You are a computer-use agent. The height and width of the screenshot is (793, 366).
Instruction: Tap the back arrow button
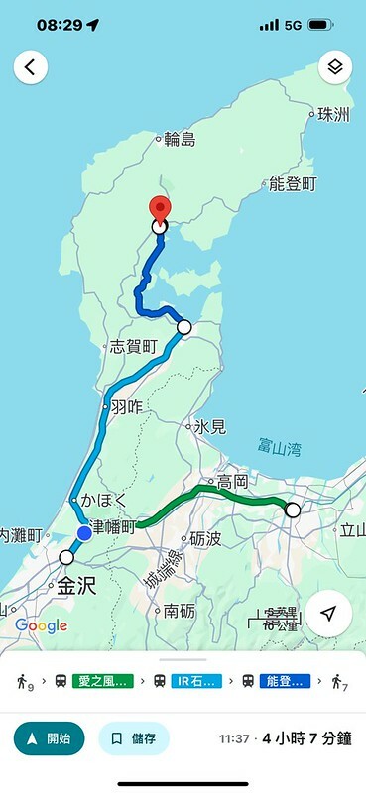pos(31,67)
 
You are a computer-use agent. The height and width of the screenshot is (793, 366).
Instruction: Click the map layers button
pos(335,67)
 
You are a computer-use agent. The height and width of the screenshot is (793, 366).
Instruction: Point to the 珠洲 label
pos(333,115)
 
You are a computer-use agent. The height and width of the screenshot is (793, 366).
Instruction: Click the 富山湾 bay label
pos(279,449)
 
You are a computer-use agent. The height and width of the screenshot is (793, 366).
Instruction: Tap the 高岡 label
pos(232,481)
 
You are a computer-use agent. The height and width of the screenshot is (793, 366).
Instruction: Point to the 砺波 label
pos(205,539)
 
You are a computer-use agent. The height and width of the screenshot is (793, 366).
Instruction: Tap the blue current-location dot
pos(84,533)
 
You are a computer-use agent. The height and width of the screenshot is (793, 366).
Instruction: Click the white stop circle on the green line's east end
pos(292,510)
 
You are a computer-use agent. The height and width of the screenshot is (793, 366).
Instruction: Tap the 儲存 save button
pos(134,738)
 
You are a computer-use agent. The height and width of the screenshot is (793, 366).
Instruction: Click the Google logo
pos(41,625)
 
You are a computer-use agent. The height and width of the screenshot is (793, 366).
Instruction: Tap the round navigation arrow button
pos(328,613)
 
